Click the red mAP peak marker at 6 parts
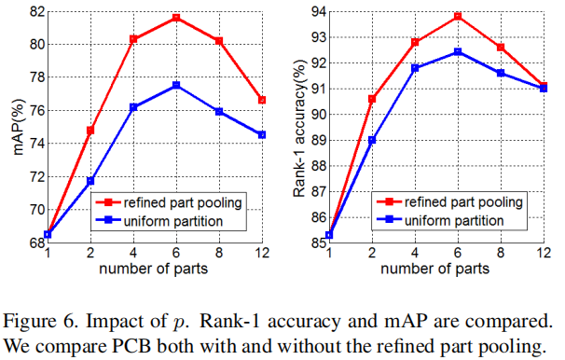coord(176,18)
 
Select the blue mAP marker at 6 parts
coord(176,85)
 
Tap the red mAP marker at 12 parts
coord(262,100)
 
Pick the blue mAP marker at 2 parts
coord(90,180)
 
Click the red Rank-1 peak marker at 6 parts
coord(458,16)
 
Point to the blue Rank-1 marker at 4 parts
coord(415,68)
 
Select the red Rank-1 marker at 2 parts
coord(372,98)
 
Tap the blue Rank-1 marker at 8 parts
coord(501,73)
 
